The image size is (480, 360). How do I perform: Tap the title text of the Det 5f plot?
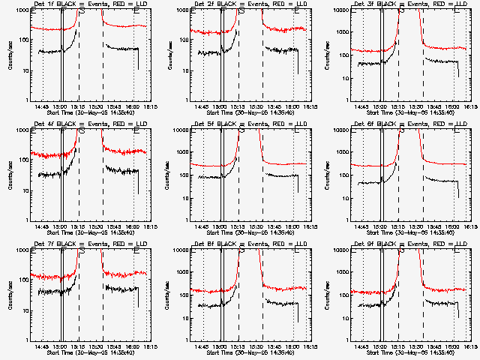[244, 124]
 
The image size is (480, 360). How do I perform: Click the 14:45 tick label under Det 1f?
[43, 106]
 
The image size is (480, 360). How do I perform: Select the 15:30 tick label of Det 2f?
[256, 106]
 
